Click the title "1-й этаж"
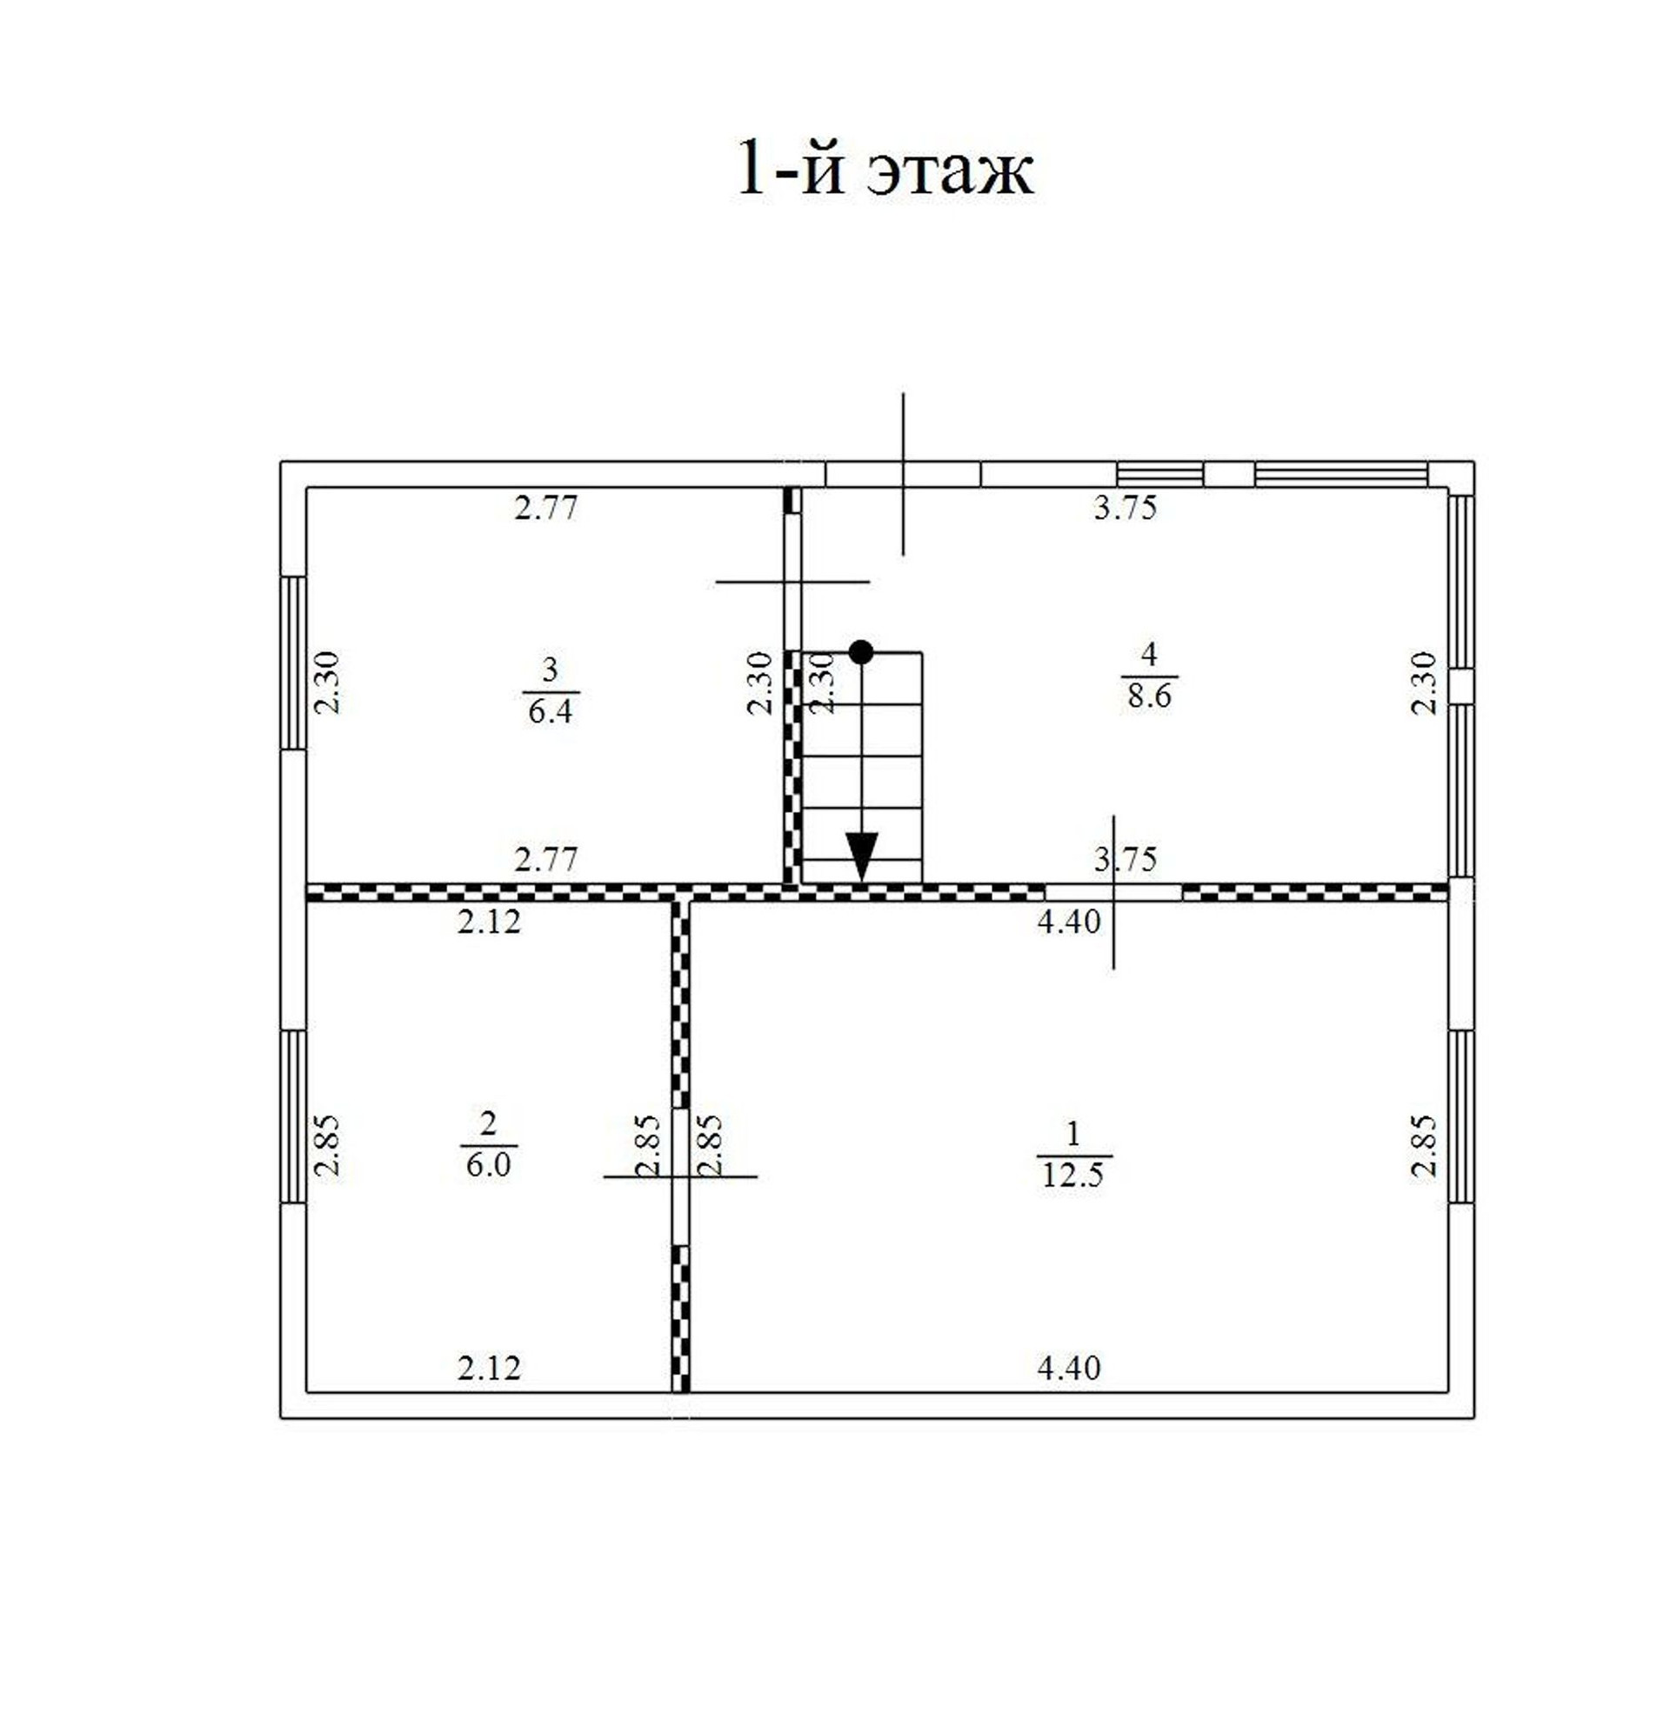pyautogui.click(x=885, y=167)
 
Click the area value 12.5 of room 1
pyautogui.click(x=1072, y=1175)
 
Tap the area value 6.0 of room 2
pyautogui.click(x=489, y=1164)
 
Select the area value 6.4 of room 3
pyautogui.click(x=551, y=710)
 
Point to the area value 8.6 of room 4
pyautogui.click(x=1150, y=696)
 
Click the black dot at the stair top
pyautogui.click(x=860, y=651)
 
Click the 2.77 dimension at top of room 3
pyautogui.click(x=546, y=508)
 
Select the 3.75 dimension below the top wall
pyautogui.click(x=1126, y=508)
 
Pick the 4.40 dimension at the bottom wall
pyautogui.click(x=1069, y=1368)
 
